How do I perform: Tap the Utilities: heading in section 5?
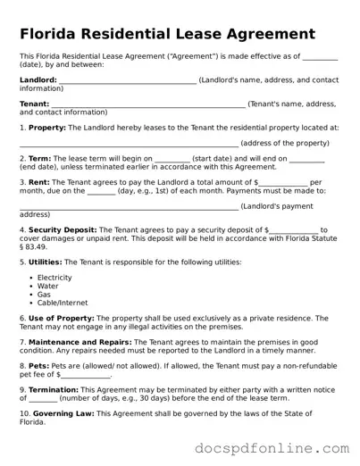(45, 262)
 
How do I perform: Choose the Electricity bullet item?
(54, 278)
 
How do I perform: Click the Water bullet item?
(47, 287)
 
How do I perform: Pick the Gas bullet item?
(44, 295)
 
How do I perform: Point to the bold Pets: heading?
(38, 366)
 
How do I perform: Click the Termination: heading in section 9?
(51, 390)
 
